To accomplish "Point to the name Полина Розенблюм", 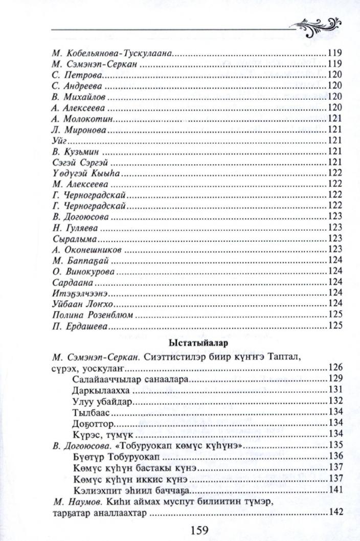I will pyautogui.click(x=93, y=314).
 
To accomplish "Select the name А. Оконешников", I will pyautogui.click(x=88, y=250).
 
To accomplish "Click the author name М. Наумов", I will pyautogui.click(x=74, y=502).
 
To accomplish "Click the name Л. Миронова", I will pyautogui.click(x=79, y=130).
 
